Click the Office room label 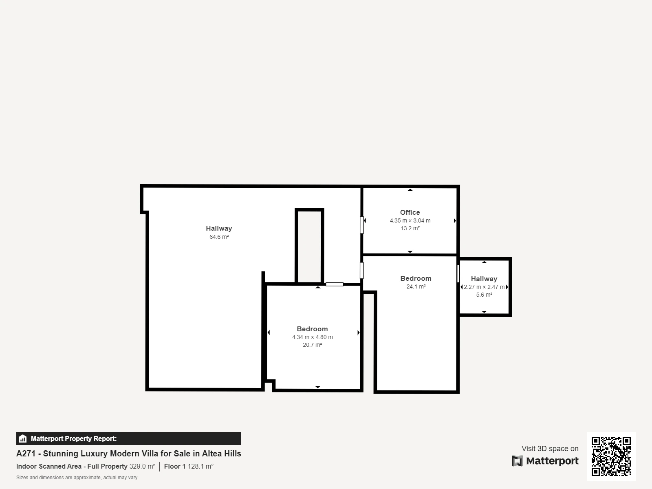(x=410, y=212)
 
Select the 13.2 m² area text (x=410, y=228)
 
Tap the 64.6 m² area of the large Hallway (x=219, y=237)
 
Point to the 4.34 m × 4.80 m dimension (x=313, y=337)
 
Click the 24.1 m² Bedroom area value (x=416, y=286)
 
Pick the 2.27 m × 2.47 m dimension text (x=484, y=287)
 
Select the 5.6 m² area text (x=484, y=295)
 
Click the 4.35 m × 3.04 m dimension (x=410, y=220)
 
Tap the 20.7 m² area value (x=313, y=345)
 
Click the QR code (x=611, y=456)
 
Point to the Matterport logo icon (x=517, y=461)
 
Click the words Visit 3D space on (x=550, y=449)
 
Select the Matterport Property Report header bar (x=129, y=438)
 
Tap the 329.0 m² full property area (x=142, y=467)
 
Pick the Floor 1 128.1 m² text (x=189, y=467)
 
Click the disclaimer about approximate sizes (x=77, y=478)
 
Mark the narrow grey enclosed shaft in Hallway (x=309, y=246)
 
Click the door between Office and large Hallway (x=361, y=225)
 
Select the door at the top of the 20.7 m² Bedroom (x=335, y=284)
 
